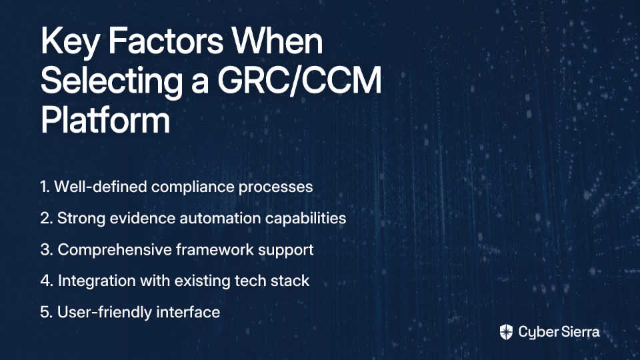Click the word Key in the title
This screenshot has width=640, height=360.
pyautogui.click(x=69, y=43)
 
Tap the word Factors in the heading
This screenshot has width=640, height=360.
pyautogui.click(x=166, y=41)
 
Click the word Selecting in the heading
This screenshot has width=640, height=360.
pyautogui.click(x=111, y=81)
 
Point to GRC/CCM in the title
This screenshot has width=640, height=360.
pyautogui.click(x=299, y=81)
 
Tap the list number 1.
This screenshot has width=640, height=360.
pyautogui.click(x=45, y=187)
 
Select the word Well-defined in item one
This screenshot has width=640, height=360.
pyautogui.click(x=101, y=187)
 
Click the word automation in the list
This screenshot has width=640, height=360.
pyautogui.click(x=221, y=218)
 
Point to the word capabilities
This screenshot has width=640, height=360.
pyautogui.click(x=306, y=219)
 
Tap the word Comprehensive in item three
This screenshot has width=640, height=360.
pyautogui.click(x=115, y=250)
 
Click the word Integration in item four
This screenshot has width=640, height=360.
pyautogui.click(x=97, y=281)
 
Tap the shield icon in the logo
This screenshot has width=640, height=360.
pyautogui.click(x=506, y=332)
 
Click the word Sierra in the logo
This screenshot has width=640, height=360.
pyautogui.click(x=579, y=331)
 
